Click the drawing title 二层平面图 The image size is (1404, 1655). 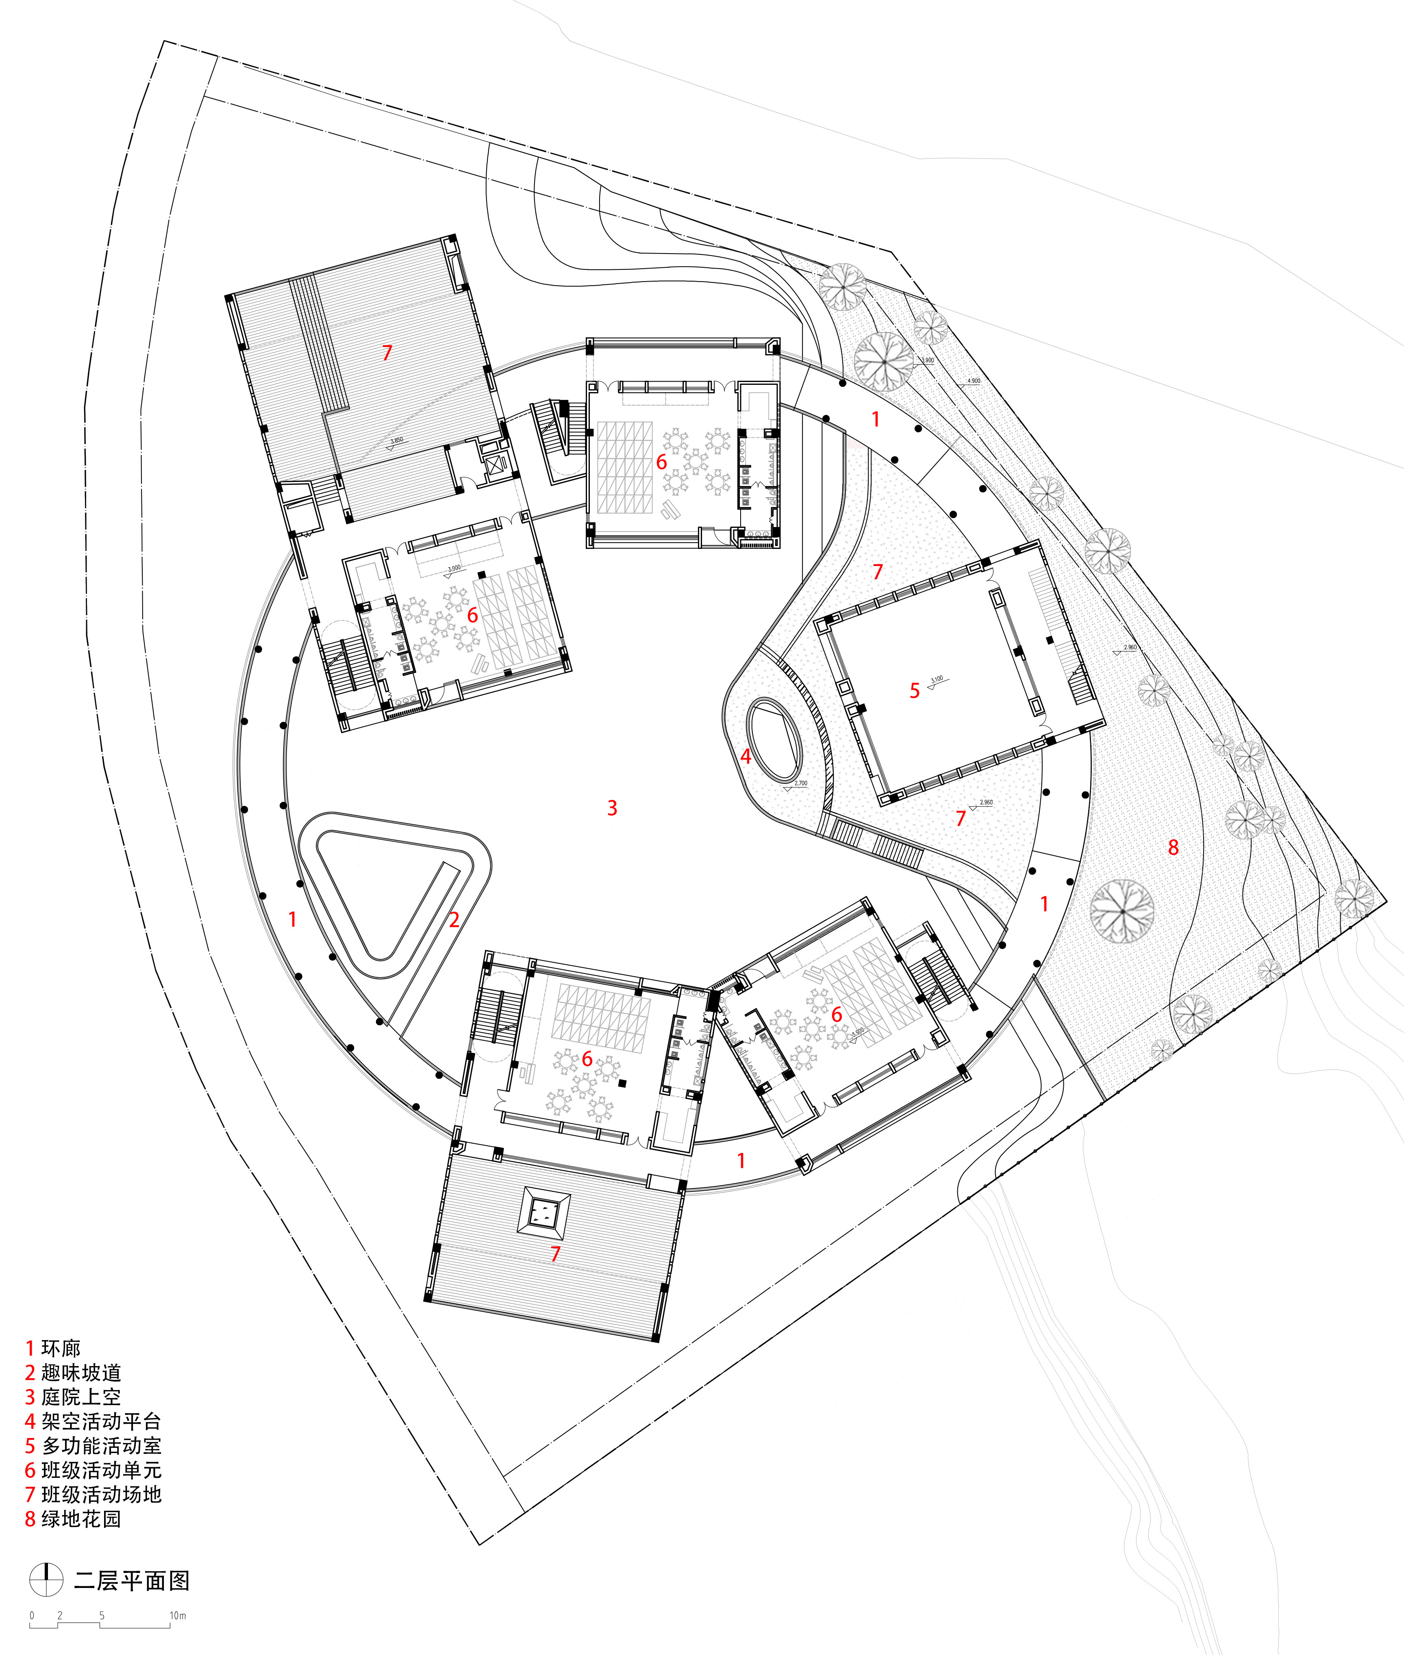[x=131, y=1580]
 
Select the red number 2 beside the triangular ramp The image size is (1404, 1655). [x=454, y=920]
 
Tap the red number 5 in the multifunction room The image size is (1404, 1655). [x=915, y=691]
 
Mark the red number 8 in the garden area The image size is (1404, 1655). [x=1173, y=847]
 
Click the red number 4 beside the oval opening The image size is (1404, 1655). [x=746, y=757]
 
